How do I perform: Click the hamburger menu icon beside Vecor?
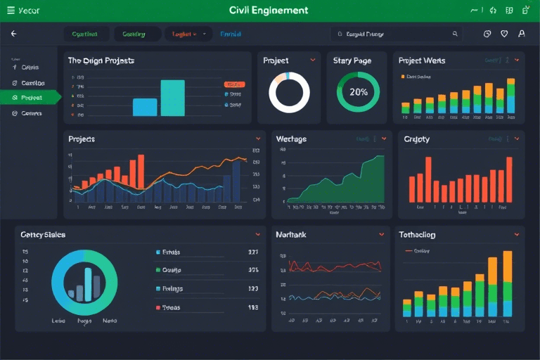pos(11,11)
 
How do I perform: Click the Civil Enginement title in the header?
pos(269,11)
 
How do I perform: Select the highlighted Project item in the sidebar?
pos(32,98)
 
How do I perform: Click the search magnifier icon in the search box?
pos(455,34)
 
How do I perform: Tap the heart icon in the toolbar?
pos(504,34)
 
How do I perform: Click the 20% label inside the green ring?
pos(359,92)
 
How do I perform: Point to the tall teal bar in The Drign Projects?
pos(172,98)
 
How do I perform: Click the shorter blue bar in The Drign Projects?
pos(145,107)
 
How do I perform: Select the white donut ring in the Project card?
pos(289,92)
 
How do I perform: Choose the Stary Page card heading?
pos(352,61)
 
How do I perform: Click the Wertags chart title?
pos(291,139)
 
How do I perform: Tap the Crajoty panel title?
pos(417,139)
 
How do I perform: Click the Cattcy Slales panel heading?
pos(43,235)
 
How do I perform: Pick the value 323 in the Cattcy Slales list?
pos(253,289)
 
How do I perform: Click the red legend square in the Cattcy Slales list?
pos(157,308)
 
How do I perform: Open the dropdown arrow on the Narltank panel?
pos(381,235)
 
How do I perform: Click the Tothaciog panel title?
pos(417,235)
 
